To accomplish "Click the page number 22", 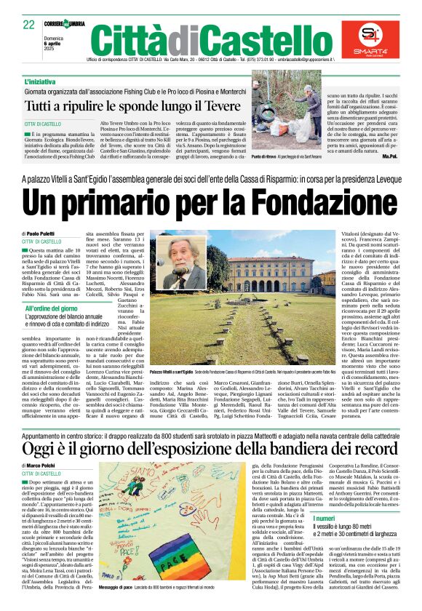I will (x=29, y=24).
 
